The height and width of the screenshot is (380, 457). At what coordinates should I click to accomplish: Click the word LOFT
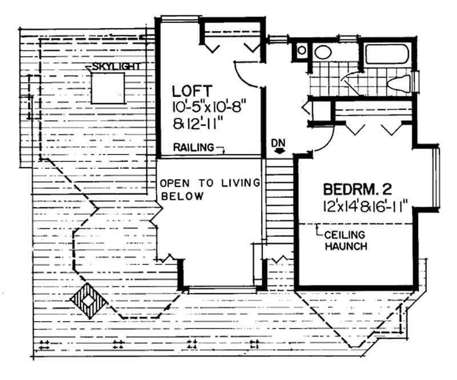pyautogui.click(x=185, y=90)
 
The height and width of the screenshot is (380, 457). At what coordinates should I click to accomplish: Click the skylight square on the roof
pyautogui.click(x=107, y=89)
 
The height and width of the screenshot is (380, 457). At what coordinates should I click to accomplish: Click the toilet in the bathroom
pyautogui.click(x=400, y=84)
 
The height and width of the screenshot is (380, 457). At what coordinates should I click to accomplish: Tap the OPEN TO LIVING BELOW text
pyautogui.click(x=209, y=189)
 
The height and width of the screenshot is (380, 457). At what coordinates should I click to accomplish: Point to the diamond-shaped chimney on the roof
pyautogui.click(x=86, y=299)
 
